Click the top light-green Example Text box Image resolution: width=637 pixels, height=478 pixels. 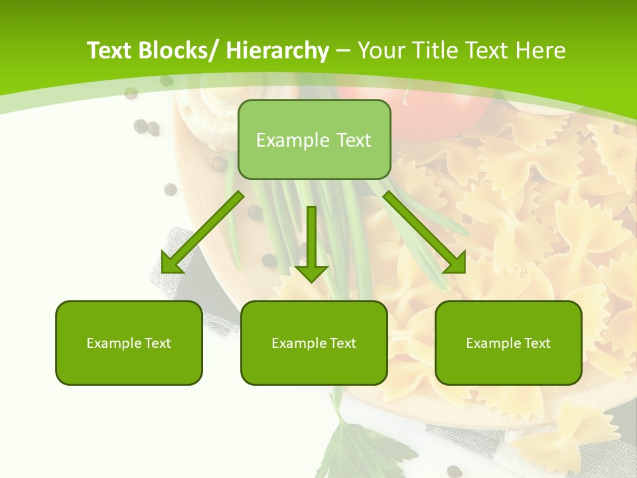pyautogui.click(x=314, y=139)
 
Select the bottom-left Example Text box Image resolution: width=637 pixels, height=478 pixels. pyautogui.click(x=129, y=343)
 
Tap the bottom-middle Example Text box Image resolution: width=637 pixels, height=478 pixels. pyautogui.click(x=314, y=343)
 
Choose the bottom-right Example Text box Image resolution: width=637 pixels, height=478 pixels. pyautogui.click(x=508, y=343)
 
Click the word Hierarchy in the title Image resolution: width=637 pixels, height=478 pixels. pyautogui.click(x=277, y=50)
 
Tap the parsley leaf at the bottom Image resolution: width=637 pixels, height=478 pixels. pyautogui.click(x=358, y=445)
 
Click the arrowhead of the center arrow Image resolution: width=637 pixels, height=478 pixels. pyautogui.click(x=311, y=273)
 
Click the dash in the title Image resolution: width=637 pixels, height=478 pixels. pyautogui.click(x=343, y=50)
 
